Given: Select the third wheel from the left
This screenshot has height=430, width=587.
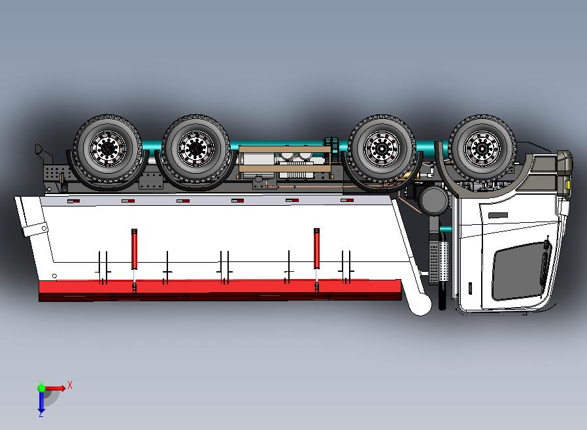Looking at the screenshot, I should [x=382, y=147].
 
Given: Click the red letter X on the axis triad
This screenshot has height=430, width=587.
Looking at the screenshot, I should [x=70, y=385].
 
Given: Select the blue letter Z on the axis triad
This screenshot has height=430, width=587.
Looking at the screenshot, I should [x=41, y=413].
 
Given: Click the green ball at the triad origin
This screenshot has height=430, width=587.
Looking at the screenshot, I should [x=42, y=388].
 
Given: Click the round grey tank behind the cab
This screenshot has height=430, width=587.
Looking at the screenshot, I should [x=434, y=201].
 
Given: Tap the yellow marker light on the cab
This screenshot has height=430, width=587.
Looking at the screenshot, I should [x=567, y=185].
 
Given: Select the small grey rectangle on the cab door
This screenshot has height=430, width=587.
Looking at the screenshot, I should [x=498, y=215].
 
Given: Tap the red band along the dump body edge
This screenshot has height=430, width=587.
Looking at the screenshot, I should [x=219, y=287].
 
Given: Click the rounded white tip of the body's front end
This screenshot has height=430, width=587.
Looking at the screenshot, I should [x=422, y=304].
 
